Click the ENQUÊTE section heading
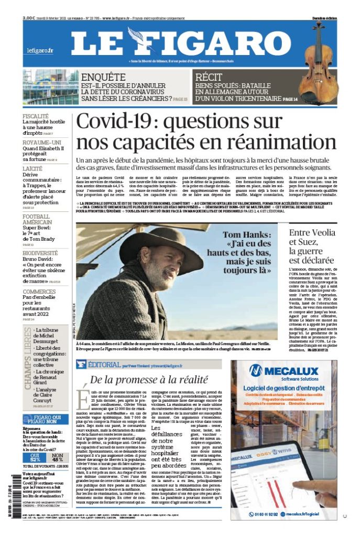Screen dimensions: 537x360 click(103, 77)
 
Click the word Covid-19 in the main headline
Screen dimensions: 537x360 click(115, 122)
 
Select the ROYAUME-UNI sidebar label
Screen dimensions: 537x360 click(40, 142)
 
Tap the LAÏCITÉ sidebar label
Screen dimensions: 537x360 click(33, 168)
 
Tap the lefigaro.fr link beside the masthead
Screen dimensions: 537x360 click(40, 50)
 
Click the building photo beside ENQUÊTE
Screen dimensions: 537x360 click(51, 86)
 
